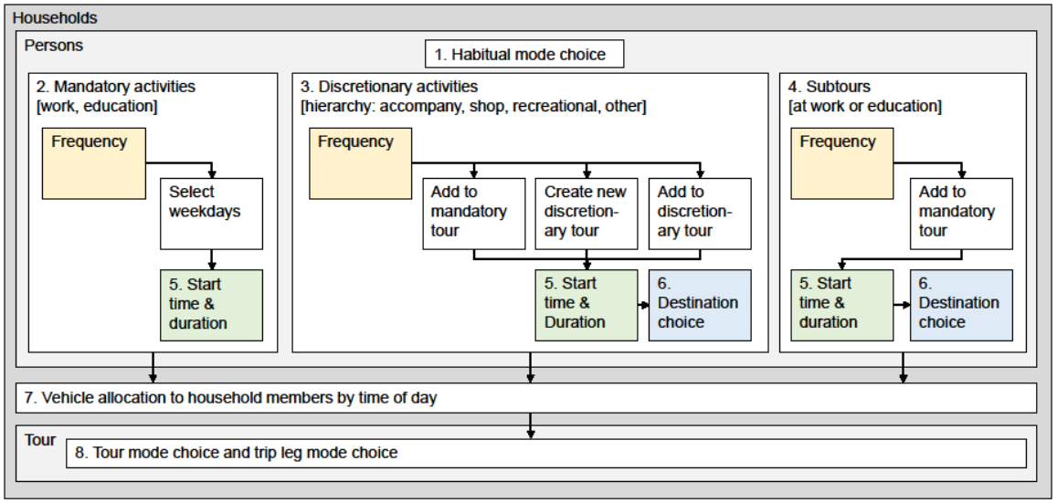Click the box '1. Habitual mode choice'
tap(524, 55)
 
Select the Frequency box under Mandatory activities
tap(94, 163)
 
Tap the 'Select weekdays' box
tap(211, 214)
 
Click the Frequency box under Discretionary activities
tap(360, 163)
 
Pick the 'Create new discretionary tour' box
tap(587, 214)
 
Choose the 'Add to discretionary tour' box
tap(700, 214)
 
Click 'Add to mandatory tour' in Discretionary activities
tap(474, 214)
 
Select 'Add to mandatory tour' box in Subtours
tap(961, 214)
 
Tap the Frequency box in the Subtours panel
tap(842, 163)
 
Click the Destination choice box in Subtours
tap(961, 305)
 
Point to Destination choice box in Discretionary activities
tap(700, 305)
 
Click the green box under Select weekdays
tap(211, 305)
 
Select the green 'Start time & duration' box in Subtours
tap(842, 305)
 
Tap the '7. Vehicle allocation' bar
tap(526, 398)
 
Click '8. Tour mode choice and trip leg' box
tap(546, 453)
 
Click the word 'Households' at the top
tap(55, 18)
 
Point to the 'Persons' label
tap(54, 46)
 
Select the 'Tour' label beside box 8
tap(40, 440)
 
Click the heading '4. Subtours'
tap(830, 87)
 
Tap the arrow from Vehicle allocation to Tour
tap(531, 425)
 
